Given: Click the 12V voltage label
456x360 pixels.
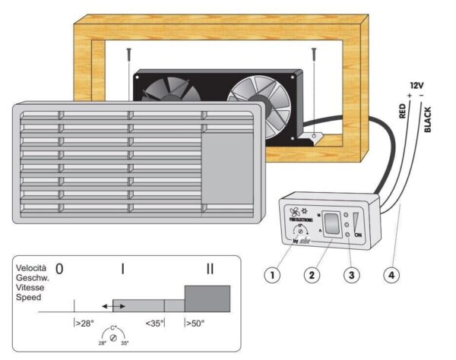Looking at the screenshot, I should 416,87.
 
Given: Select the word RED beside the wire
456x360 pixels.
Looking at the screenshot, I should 403,114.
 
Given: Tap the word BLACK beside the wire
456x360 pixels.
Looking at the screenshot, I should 428,120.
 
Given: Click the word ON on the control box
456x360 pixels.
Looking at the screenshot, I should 357,235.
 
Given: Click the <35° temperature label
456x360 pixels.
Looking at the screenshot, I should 155,323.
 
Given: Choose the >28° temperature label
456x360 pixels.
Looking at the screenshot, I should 84,323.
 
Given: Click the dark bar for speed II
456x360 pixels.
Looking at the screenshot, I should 207,298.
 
